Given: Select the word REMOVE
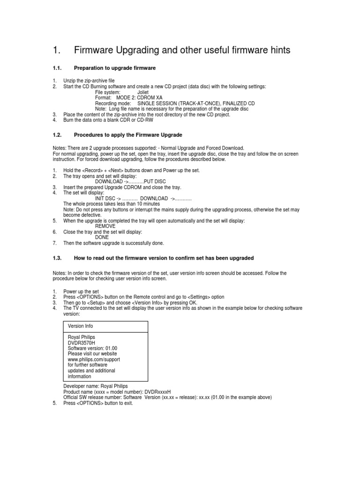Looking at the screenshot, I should click(x=105, y=226).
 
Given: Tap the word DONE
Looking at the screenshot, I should click(x=102, y=237).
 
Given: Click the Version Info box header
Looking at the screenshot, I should click(x=81, y=326).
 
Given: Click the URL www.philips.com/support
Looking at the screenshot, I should click(x=94, y=359).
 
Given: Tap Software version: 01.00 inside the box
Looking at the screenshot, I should click(x=92, y=348).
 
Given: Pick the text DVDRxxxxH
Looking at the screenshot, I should click(x=158, y=392).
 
